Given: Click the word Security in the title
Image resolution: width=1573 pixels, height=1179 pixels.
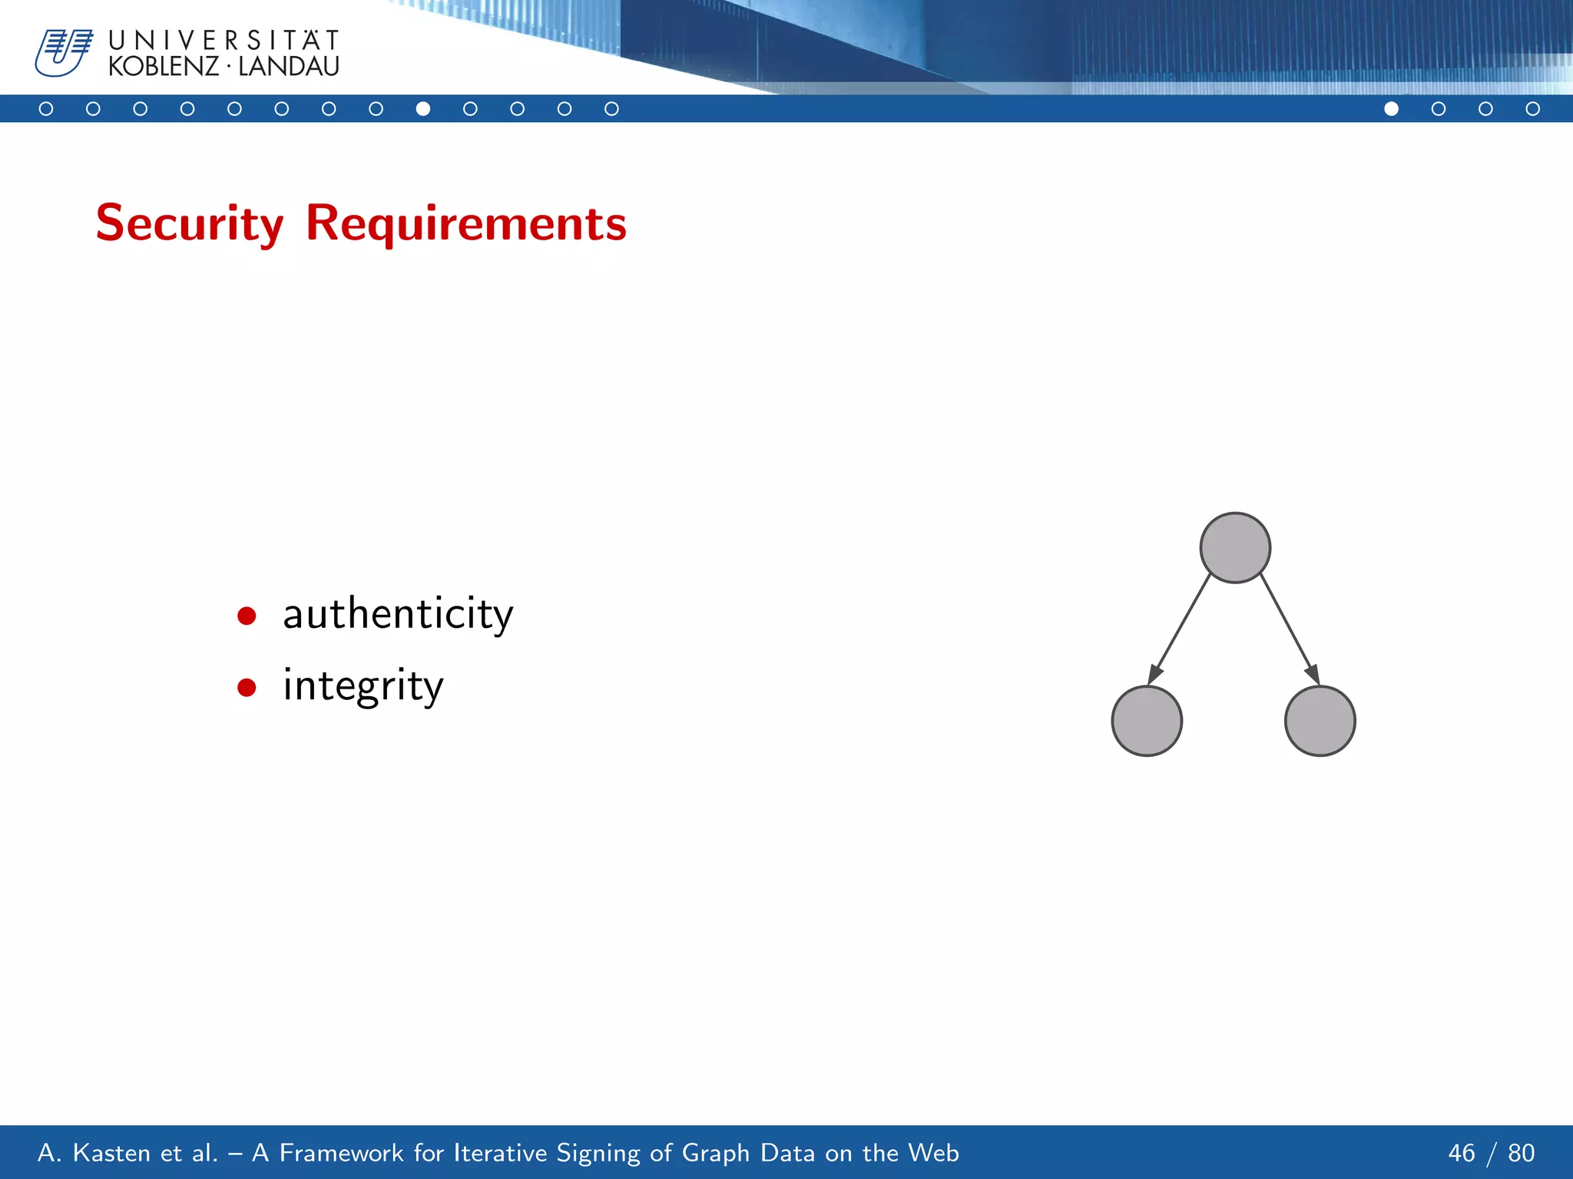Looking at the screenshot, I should [x=189, y=223].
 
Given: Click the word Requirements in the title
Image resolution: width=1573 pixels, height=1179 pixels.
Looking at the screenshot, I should [x=465, y=223].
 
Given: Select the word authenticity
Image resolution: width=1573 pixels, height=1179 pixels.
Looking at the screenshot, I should [x=397, y=614].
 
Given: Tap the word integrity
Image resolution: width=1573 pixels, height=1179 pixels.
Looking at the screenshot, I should [x=363, y=685].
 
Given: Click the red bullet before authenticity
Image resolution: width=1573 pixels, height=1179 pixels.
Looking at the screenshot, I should [x=247, y=616].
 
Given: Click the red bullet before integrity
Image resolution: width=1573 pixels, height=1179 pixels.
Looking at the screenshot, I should [x=247, y=687].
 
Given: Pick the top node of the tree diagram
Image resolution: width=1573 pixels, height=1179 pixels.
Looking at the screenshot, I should [x=1235, y=548].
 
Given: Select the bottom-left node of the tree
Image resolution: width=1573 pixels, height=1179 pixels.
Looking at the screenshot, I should [x=1147, y=721].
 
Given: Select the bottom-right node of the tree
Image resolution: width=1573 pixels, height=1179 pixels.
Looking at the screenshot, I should [x=1320, y=721].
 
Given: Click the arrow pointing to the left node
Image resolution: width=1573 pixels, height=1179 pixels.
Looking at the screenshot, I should [x=1180, y=629].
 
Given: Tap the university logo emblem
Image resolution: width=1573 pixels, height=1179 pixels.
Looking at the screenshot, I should [x=63, y=52].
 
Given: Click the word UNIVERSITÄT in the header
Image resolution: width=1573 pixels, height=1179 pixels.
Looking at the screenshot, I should [x=224, y=40].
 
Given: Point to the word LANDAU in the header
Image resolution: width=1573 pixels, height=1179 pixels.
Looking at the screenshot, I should [x=289, y=67].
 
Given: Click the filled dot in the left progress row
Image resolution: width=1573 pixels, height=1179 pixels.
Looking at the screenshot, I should [x=422, y=109].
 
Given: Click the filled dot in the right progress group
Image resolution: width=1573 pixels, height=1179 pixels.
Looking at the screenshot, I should [x=1391, y=109].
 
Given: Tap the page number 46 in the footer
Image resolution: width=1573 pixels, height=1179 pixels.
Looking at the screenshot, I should [x=1461, y=1153].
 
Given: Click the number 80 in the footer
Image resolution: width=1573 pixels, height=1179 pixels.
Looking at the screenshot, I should [x=1521, y=1153].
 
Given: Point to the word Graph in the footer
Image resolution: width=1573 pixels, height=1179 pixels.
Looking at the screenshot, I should [x=715, y=1153].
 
